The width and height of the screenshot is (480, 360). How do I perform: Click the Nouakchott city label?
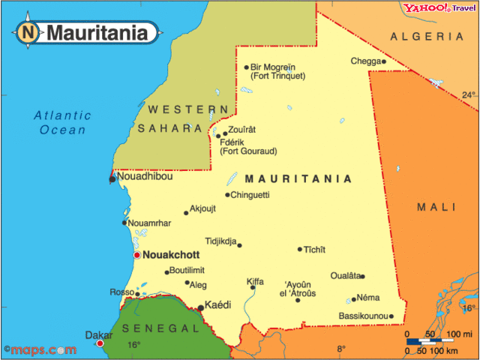[171, 255]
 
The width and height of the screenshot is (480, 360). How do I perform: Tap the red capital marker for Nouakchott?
[136, 256]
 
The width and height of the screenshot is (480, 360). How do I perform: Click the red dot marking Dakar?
[100, 343]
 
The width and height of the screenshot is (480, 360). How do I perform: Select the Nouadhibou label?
[145, 177]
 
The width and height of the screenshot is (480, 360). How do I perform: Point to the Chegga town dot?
[384, 61]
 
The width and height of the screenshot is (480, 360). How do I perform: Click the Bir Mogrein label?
[273, 67]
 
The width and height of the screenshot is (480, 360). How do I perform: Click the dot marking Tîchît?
[300, 249]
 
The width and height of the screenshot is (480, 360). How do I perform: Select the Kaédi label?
[218, 305]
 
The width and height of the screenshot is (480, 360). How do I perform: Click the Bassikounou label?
[363, 316]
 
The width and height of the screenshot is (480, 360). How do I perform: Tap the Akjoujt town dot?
[186, 213]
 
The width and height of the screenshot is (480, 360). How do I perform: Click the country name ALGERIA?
[427, 36]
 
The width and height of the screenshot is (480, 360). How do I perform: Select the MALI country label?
[436, 207]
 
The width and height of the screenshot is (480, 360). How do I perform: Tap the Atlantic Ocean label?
[63, 122]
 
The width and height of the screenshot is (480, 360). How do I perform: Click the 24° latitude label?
[468, 95]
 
